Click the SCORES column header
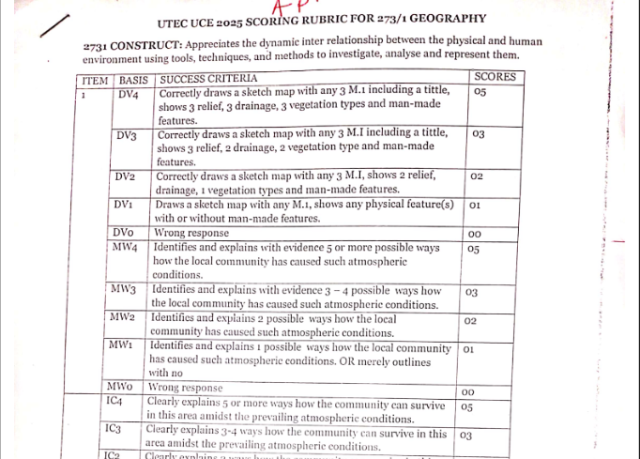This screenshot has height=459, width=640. coord(494,76)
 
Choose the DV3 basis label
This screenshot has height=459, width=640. coord(127,136)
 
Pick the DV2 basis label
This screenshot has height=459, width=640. coord(125,176)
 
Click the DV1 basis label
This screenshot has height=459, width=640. coord(122,205)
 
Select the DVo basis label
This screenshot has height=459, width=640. coord(122,232)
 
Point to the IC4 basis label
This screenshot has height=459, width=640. coord(114,401)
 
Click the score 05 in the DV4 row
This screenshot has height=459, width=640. coord(480,92)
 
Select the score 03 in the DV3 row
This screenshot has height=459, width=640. coord(478,135)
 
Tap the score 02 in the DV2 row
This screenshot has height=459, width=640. coord(476,176)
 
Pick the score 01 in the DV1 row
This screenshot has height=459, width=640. coord(474,205)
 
